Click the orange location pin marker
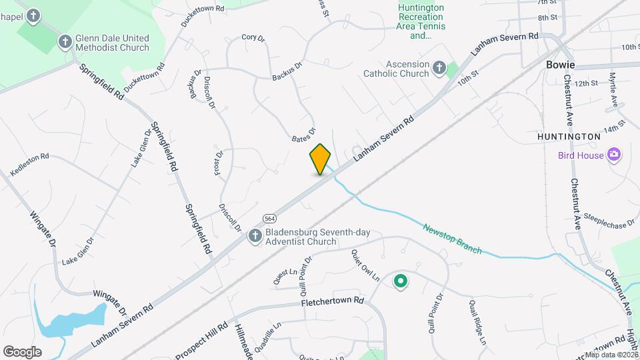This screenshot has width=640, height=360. (320, 159)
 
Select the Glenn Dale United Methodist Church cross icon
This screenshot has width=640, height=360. (65, 42)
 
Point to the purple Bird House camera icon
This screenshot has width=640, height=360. (614, 155)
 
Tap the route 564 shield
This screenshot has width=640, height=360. (269, 218)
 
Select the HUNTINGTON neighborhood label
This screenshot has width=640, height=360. (569, 136)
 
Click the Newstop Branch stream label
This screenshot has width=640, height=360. (452, 238)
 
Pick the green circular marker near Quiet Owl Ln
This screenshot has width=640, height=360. (400, 282)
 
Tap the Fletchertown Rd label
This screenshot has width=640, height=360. (332, 301)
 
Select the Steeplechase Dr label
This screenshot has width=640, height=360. (609, 221)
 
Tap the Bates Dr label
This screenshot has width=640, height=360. (303, 135)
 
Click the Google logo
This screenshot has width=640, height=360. (22, 351)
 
